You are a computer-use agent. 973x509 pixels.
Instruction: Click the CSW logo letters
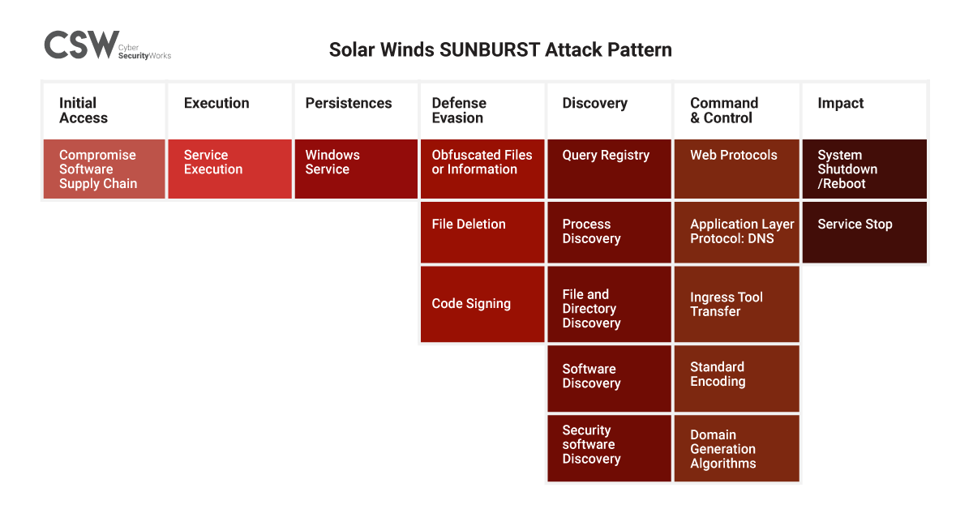tap(82, 45)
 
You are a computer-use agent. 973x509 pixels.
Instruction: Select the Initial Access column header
tap(105, 110)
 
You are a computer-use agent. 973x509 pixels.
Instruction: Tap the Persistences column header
tap(356, 110)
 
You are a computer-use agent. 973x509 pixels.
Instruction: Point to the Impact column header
tap(864, 110)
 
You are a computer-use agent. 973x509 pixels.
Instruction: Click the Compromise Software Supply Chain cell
tap(105, 169)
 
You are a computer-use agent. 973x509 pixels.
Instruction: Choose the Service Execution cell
tap(229, 169)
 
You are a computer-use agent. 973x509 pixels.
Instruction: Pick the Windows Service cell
tap(356, 169)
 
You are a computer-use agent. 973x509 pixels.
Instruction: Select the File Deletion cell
tap(482, 233)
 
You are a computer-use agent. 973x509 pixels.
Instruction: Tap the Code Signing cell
tap(482, 304)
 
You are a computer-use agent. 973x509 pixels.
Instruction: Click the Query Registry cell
tap(609, 169)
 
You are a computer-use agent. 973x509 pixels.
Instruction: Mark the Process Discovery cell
tap(609, 233)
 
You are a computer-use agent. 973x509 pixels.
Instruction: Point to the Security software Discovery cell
tap(609, 448)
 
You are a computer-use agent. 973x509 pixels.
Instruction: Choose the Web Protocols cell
tap(737, 169)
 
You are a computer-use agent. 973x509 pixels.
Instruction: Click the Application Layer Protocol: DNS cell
tap(737, 233)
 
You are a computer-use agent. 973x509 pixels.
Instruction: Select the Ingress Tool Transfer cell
tap(737, 304)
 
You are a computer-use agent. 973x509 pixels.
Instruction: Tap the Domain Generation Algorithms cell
tap(737, 448)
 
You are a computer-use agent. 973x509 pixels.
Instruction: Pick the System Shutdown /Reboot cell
tap(864, 169)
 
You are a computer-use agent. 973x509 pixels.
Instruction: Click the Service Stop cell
tap(864, 233)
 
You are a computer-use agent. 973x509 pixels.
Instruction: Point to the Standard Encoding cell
tap(737, 379)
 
